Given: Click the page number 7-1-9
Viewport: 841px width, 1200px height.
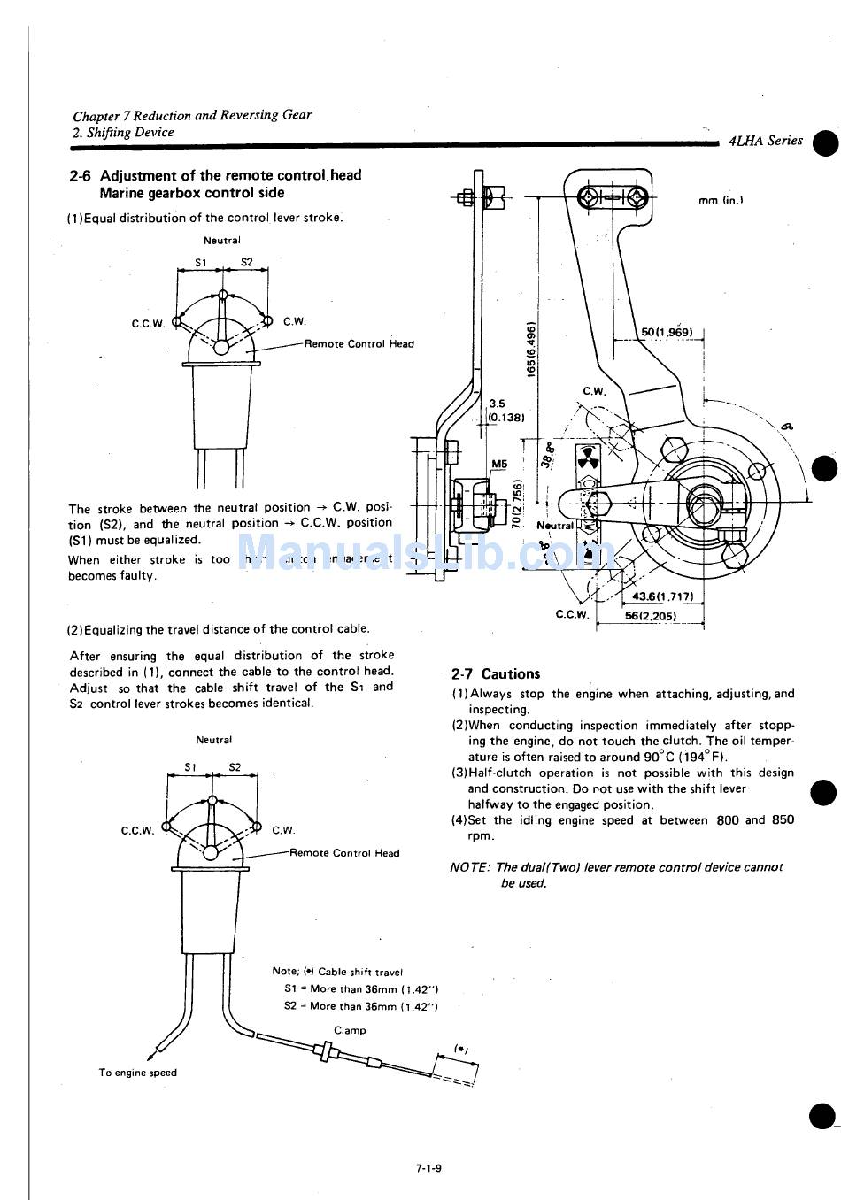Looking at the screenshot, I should coord(428,1168).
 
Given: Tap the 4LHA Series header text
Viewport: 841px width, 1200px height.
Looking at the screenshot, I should coord(766,141).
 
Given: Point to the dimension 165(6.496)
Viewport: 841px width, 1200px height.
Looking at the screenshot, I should coord(530,349).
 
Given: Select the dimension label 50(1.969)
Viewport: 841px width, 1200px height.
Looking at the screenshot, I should coord(666,332).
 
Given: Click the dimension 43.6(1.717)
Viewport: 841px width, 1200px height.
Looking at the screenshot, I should coord(663,596).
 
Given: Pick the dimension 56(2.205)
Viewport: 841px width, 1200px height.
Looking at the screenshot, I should coord(651,616).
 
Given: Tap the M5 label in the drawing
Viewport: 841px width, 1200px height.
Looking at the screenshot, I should coord(499,464).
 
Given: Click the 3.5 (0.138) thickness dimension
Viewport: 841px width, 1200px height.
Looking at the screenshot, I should coord(505,410).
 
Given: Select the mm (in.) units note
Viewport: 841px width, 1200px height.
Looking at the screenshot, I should coord(720,200).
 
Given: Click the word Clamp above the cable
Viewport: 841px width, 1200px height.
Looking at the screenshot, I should coord(350,1030).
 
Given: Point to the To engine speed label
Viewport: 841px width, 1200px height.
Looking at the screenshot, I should coord(137,1073).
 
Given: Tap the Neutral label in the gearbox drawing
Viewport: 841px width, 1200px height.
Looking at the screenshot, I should coord(555,525).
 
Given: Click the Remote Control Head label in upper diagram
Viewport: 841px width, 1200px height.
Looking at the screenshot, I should coord(359,344).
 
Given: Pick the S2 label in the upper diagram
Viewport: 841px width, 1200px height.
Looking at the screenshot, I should coord(247,262).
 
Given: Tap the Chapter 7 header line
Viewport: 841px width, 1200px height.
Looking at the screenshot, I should coord(192,116).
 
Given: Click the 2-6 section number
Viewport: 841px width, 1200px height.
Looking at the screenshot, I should coord(81,175).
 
